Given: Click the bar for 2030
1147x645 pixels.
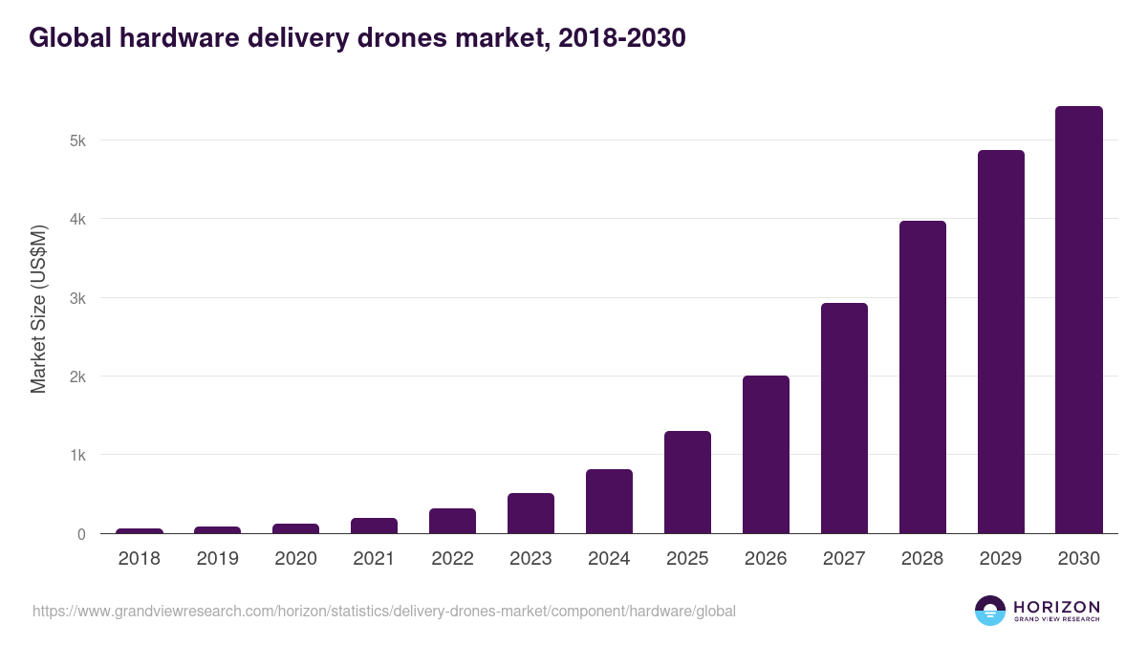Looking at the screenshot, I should click(1078, 320).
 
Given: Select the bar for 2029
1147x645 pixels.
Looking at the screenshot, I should click(1000, 342).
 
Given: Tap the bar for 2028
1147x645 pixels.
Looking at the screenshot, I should click(921, 377).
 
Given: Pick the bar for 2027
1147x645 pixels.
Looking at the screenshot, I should click(844, 419).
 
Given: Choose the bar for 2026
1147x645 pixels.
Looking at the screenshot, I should click(766, 455).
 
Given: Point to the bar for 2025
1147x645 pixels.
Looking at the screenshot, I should click(687, 483).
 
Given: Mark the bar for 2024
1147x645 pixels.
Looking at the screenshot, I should click(609, 502).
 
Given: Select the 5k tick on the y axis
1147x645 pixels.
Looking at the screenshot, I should click(76, 140).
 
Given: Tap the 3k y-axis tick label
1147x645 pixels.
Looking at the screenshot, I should click(76, 298).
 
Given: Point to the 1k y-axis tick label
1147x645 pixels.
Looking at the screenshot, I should click(76, 455).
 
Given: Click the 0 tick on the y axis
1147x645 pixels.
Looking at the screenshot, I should click(81, 534).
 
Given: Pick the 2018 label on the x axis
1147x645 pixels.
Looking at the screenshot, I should click(140, 559).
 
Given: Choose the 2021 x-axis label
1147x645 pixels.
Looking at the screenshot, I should click(374, 559).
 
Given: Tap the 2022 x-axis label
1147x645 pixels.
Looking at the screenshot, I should click(452, 559).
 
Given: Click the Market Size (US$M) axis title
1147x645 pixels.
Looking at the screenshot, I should click(38, 309).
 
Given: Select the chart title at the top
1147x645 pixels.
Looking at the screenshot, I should click(357, 38).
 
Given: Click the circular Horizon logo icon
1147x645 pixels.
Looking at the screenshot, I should click(990, 611).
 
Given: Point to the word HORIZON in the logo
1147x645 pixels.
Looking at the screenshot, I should click(1057, 607).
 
